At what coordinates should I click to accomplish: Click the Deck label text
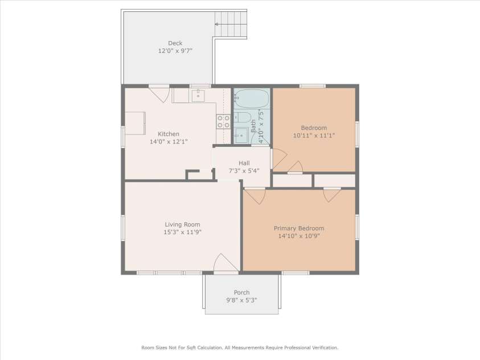175,43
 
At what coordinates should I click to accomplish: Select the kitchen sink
198,96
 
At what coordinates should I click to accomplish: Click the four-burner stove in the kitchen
223,121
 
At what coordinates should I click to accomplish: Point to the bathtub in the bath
252,99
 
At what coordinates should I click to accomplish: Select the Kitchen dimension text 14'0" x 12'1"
169,142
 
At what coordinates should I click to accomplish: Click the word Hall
244,163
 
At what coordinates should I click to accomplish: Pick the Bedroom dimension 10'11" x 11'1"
314,136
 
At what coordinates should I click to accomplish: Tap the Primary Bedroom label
299,228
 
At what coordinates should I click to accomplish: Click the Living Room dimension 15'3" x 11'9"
183,232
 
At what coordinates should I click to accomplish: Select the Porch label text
241,293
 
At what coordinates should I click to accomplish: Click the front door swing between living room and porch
226,263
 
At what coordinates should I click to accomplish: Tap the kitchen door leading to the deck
159,93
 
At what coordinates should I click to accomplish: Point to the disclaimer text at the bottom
240,347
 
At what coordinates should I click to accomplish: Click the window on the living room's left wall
122,227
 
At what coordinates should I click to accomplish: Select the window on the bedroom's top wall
312,86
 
